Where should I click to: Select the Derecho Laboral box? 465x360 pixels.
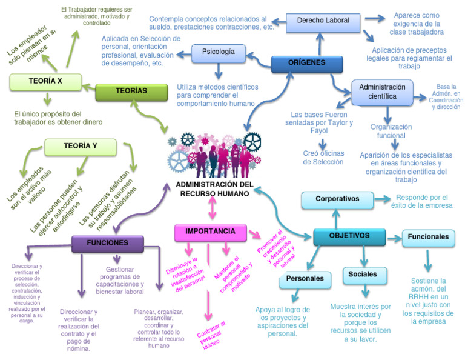323,21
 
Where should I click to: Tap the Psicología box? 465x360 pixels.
218,52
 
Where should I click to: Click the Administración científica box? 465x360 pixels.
382,92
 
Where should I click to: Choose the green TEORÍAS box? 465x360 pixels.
131,91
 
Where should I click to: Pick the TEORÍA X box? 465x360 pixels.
45,81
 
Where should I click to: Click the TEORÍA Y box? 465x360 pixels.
81,146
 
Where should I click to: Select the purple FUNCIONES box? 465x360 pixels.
107,243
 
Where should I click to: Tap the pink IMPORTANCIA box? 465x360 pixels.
210,232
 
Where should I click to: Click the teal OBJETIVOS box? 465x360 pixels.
349,236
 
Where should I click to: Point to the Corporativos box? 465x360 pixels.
337,199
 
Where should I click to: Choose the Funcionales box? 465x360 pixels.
428,237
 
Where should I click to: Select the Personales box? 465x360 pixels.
305,279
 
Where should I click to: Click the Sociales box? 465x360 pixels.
363,275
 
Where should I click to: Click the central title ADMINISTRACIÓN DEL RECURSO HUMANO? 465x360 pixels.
214,188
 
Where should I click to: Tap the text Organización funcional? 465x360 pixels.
391,132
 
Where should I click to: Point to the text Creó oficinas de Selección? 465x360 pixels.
323,158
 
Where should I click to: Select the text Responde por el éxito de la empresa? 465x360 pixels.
421,201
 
